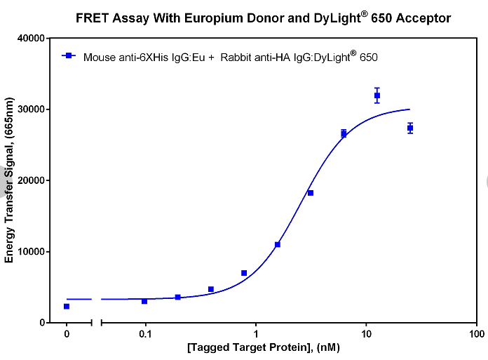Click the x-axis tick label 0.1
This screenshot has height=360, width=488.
click(x=145, y=334)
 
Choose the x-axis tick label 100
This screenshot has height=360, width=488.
click(x=476, y=334)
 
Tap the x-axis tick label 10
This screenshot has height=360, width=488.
click(x=366, y=334)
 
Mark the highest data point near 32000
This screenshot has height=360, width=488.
click(x=377, y=95)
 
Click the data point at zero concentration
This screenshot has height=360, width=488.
click(x=67, y=307)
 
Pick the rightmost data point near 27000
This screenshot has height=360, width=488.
click(x=410, y=128)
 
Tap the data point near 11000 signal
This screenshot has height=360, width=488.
click(x=278, y=244)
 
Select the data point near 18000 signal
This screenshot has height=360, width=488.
click(x=311, y=193)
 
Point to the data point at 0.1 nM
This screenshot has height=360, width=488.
click(x=144, y=301)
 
